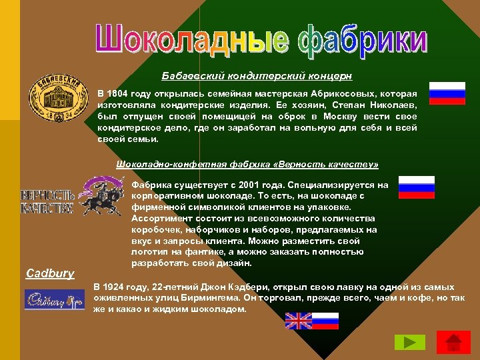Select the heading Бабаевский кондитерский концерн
coord(257,76)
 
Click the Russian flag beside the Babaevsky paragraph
coord(447,93)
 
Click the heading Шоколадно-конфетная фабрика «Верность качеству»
coord(247,164)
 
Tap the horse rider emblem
coord(103,195)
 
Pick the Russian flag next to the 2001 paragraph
coord(416,187)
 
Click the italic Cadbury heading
coord(50,273)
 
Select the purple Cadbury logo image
coord(54,299)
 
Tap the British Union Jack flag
coord(298,321)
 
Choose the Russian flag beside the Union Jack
coord(326,321)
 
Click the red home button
coord(453,342)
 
